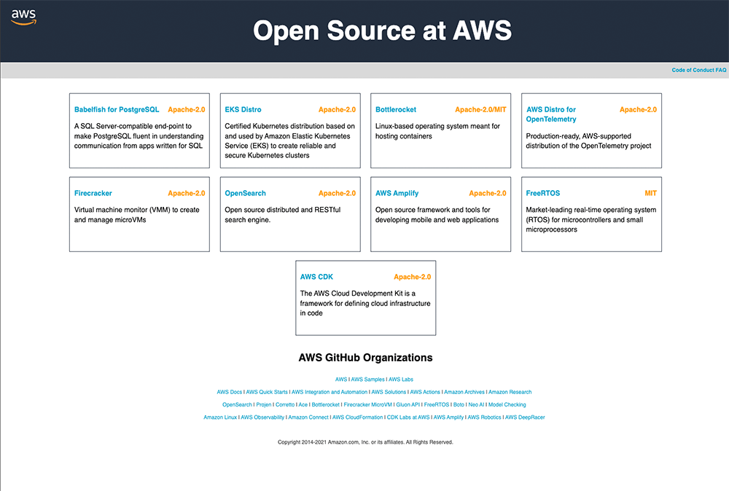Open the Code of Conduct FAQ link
(x=698, y=71)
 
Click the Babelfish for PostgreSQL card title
(x=117, y=110)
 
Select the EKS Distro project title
(x=243, y=110)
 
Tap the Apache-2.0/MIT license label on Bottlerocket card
(x=480, y=110)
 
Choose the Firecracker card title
(x=93, y=194)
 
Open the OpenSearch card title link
(x=245, y=194)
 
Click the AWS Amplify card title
(x=397, y=194)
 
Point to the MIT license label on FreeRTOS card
(x=650, y=194)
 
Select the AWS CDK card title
(x=316, y=278)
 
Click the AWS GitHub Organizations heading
(x=365, y=358)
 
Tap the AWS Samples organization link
(x=367, y=380)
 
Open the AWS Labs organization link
(x=401, y=380)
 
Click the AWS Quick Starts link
(x=268, y=392)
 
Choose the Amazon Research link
(x=510, y=392)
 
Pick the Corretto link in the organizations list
(x=285, y=404)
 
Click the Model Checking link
(x=507, y=404)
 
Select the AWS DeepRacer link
(x=525, y=417)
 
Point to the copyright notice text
(x=365, y=442)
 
